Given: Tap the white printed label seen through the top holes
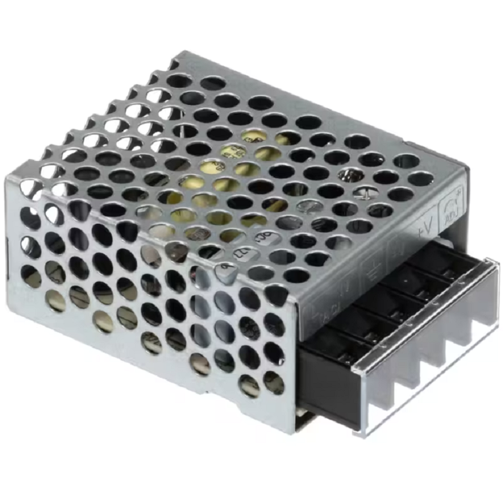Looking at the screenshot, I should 236,152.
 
